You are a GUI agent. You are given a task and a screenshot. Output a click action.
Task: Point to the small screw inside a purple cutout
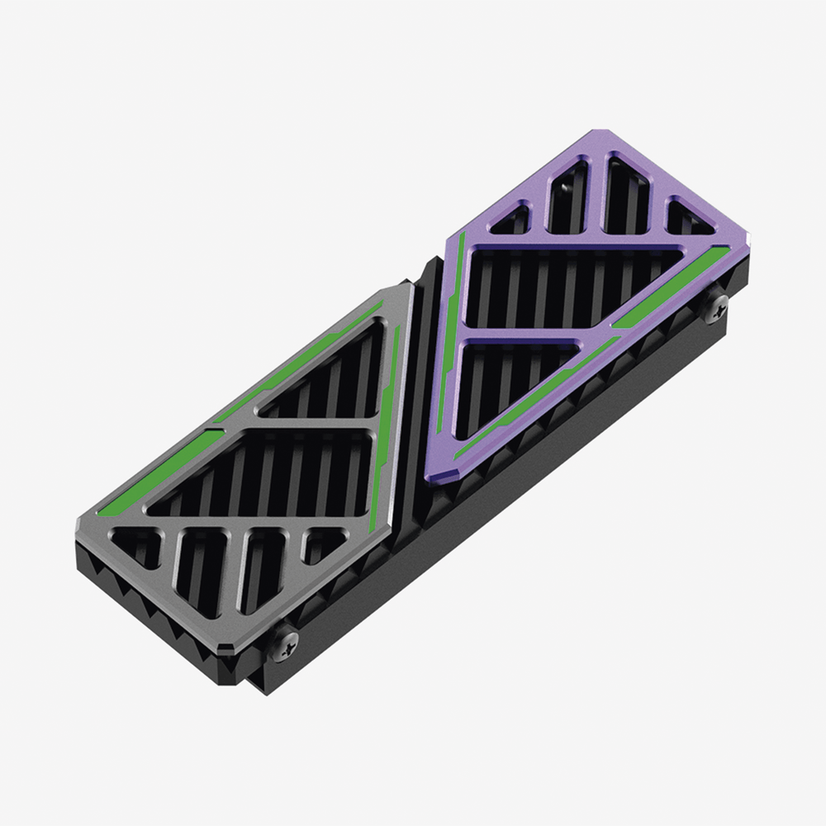coord(569,188)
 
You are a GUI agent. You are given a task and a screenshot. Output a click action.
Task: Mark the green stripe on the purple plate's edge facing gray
coord(450,330)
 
